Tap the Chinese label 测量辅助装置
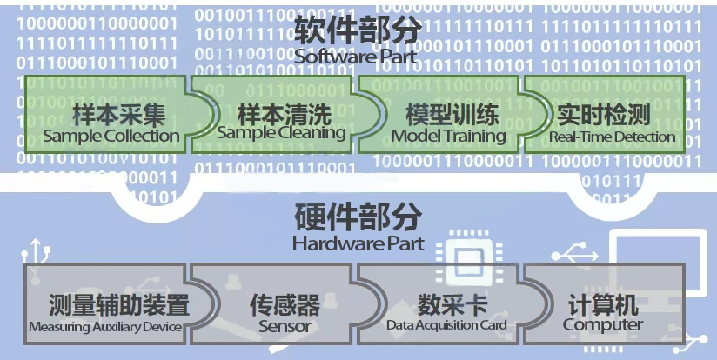[x=107, y=305]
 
